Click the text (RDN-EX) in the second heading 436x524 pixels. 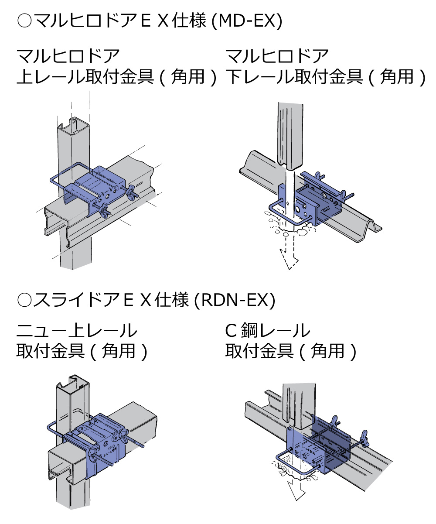[x=234, y=301]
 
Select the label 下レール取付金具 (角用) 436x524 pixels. [x=325, y=77]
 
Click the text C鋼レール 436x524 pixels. [x=268, y=331]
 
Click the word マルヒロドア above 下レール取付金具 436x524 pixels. [x=277, y=56]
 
